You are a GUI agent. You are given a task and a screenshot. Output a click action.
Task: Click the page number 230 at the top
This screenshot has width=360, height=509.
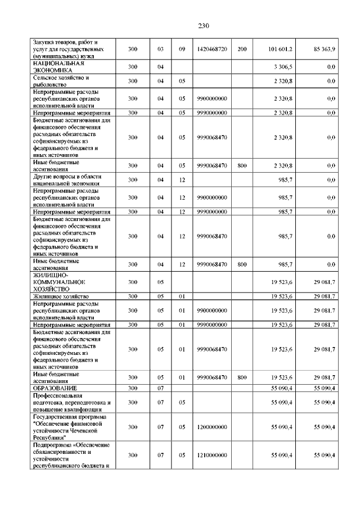point(204,25)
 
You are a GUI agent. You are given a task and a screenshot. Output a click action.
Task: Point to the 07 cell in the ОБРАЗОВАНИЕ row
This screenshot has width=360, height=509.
point(160,388)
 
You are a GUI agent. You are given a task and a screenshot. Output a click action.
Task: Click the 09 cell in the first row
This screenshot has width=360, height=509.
point(182,49)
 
